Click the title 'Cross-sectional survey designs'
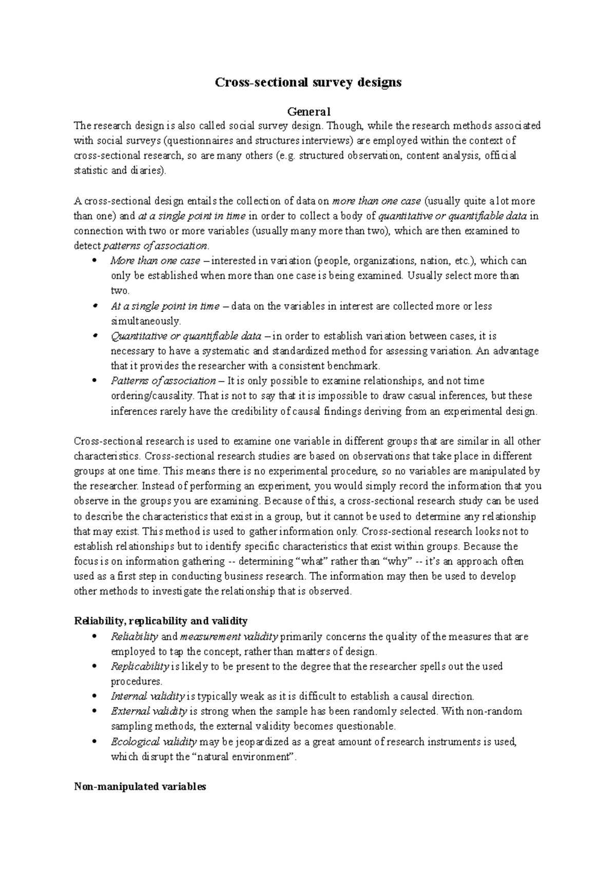tap(307, 82)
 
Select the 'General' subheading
tap(308, 111)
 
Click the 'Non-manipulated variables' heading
tap(140, 786)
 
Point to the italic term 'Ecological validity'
tap(153, 742)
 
